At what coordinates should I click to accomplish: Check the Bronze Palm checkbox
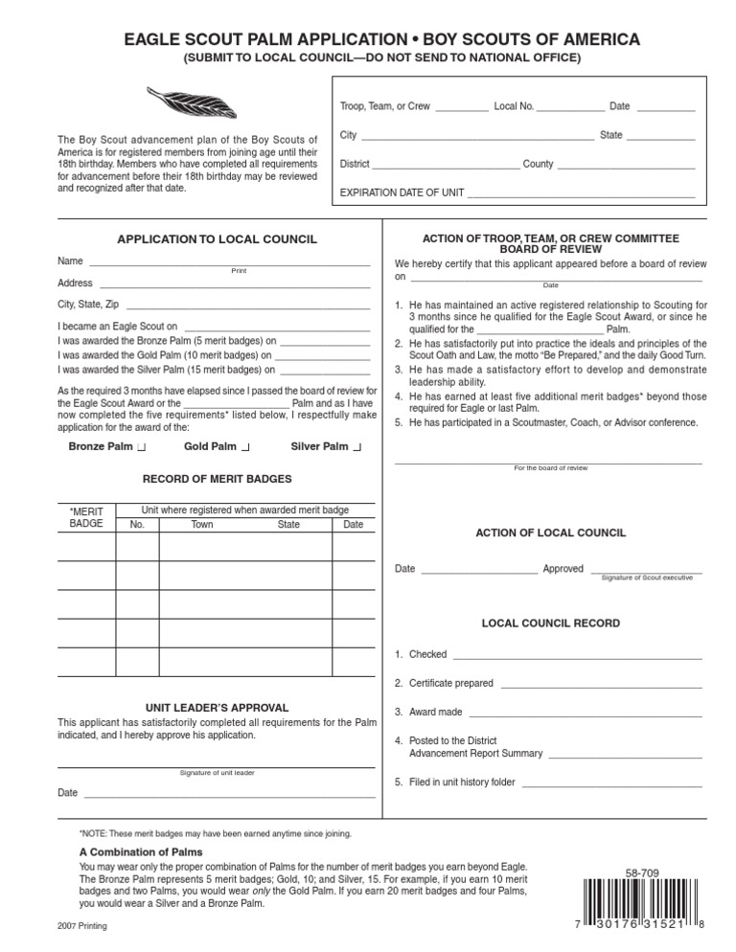tap(142, 447)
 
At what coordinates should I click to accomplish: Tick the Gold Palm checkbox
tap(245, 447)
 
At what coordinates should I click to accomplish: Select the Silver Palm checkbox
tap(357, 447)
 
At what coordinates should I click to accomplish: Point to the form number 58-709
tap(642, 873)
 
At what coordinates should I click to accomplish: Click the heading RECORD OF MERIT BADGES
tap(218, 479)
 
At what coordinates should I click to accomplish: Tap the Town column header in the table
tap(202, 525)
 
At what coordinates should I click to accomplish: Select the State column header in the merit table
tap(288, 525)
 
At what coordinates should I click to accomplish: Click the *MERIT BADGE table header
tap(86, 518)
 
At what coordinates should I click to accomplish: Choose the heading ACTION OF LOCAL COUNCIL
tap(551, 533)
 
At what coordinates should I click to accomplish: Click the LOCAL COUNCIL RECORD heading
tap(550, 623)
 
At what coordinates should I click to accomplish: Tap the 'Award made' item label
tap(436, 713)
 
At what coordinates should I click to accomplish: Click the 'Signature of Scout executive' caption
tap(647, 578)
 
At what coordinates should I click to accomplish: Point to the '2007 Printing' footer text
tap(82, 927)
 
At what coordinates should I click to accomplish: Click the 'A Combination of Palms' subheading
tap(140, 851)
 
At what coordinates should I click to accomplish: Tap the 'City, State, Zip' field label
tap(88, 305)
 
